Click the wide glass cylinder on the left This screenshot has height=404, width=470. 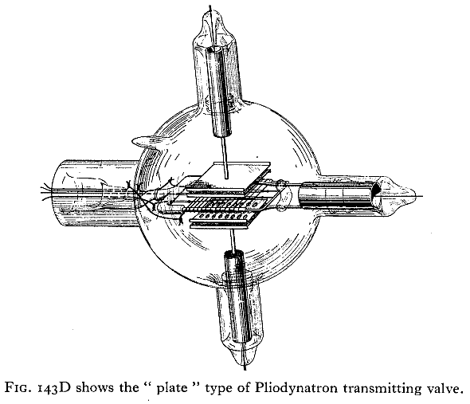[96, 194]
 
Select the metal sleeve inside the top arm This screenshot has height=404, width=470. [220, 92]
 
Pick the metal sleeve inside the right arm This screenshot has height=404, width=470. [339, 195]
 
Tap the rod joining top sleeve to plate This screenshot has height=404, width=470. [225, 158]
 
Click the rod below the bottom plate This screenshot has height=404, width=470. [233, 241]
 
